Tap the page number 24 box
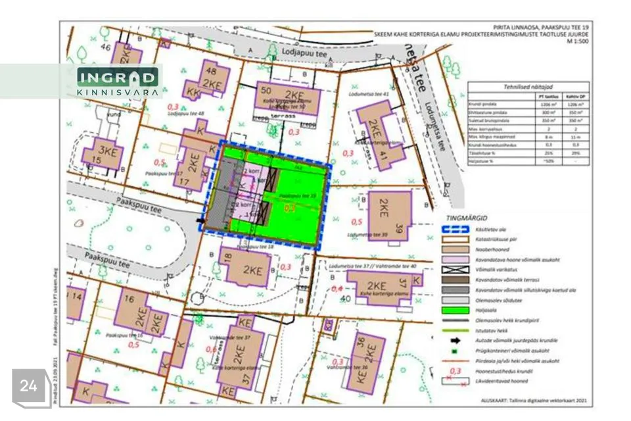[28, 385]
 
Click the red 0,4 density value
[337, 289]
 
